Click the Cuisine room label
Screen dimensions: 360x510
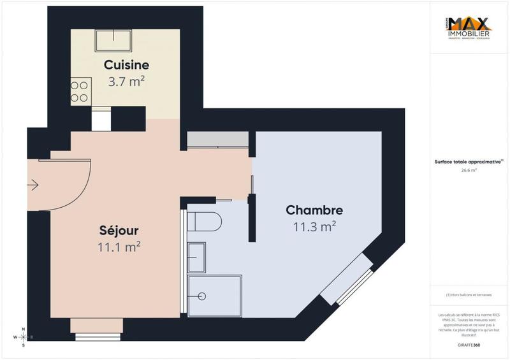tap(126, 64)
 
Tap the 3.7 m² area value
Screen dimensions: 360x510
tap(126, 81)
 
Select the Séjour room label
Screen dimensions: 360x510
tap(119, 229)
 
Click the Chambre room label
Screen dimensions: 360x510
tap(314, 210)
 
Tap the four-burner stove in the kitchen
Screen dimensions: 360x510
tap(80, 90)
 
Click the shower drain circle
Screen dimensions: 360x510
tap(201, 296)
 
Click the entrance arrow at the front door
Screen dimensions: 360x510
tap(33, 185)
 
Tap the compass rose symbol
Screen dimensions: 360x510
tap(23, 337)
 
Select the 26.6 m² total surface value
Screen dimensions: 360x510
tap(469, 171)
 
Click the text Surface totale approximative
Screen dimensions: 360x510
tap(468, 162)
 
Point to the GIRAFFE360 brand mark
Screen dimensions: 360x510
tap(469, 344)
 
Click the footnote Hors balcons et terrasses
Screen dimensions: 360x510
tap(469, 294)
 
